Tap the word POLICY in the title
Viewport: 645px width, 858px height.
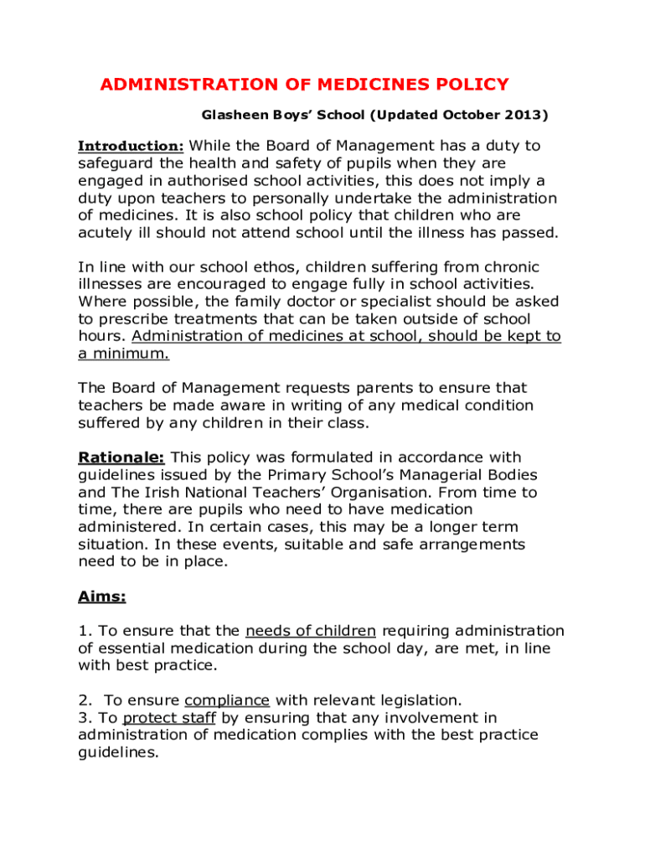[472, 85]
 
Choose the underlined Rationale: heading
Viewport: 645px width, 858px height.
[121, 457]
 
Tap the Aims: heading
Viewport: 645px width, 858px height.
[101, 597]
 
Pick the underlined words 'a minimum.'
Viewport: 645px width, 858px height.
[123, 354]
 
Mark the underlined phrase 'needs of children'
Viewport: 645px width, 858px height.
[311, 631]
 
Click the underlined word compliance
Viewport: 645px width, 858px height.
[227, 700]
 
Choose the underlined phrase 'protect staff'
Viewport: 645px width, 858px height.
[169, 718]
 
